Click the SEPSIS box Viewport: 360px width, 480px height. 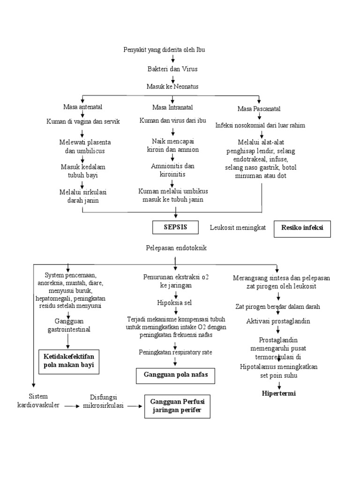(x=175, y=227)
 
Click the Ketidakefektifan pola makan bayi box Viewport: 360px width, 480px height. (x=69, y=361)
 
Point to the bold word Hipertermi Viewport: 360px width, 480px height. (x=279, y=393)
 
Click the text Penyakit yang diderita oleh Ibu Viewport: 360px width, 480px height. (x=164, y=49)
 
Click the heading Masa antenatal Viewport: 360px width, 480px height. (x=83, y=107)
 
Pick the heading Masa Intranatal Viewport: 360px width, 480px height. (x=172, y=107)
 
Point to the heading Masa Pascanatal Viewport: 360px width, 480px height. (x=259, y=109)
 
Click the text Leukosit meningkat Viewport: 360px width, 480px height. (x=238, y=228)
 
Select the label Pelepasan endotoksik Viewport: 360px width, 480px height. (x=176, y=248)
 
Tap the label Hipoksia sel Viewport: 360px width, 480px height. (x=174, y=302)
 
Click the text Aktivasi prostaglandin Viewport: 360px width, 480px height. (x=278, y=321)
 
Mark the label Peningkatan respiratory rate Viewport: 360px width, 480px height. (x=174, y=352)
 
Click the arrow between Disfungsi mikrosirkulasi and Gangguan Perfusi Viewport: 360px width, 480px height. (x=134, y=406)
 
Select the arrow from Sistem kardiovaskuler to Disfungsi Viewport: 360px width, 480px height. (x=72, y=406)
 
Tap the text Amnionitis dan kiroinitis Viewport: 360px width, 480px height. (x=172, y=170)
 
